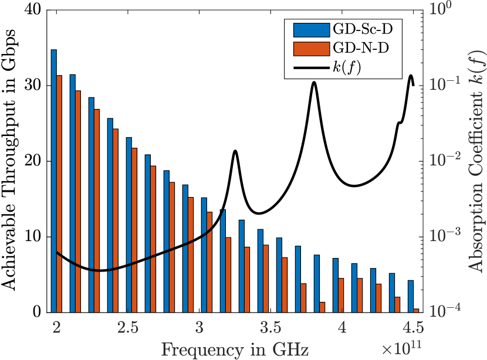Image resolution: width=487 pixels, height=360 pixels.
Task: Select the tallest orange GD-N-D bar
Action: pos(59,193)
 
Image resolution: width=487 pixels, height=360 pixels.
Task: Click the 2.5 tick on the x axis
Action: pos(128,325)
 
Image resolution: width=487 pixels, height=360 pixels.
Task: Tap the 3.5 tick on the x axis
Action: pos(270,325)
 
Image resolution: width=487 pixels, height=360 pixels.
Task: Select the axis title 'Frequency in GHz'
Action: pos(235,350)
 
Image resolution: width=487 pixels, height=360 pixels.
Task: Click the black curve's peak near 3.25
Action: pos(235,151)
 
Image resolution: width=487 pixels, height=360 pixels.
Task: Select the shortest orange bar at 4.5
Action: pos(417,310)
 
